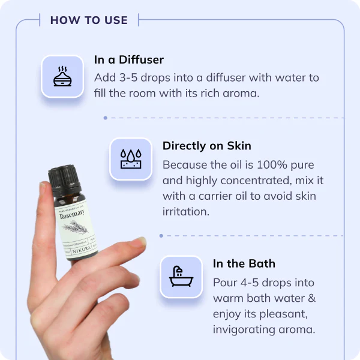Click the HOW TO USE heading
coord(89,20)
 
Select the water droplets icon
coord(130,158)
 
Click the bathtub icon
coord(181,277)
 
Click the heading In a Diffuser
coord(129,59)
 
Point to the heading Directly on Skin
coord(206,146)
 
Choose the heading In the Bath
coord(244,263)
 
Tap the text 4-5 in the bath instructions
coord(250,282)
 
